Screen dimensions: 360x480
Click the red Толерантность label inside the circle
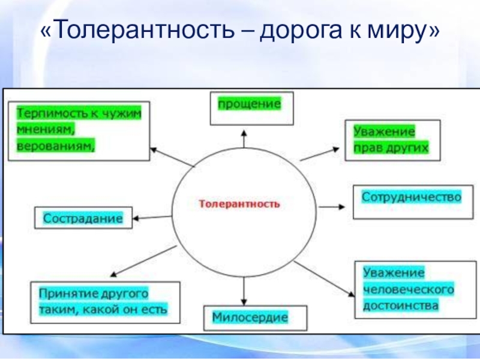239,204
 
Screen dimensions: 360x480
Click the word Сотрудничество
411,197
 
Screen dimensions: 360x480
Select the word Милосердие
250,316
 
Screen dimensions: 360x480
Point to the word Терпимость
49,112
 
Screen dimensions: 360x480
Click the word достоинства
401,305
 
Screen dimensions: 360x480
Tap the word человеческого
407,289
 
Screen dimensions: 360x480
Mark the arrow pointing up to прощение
243,137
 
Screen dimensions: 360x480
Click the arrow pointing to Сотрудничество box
332,206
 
